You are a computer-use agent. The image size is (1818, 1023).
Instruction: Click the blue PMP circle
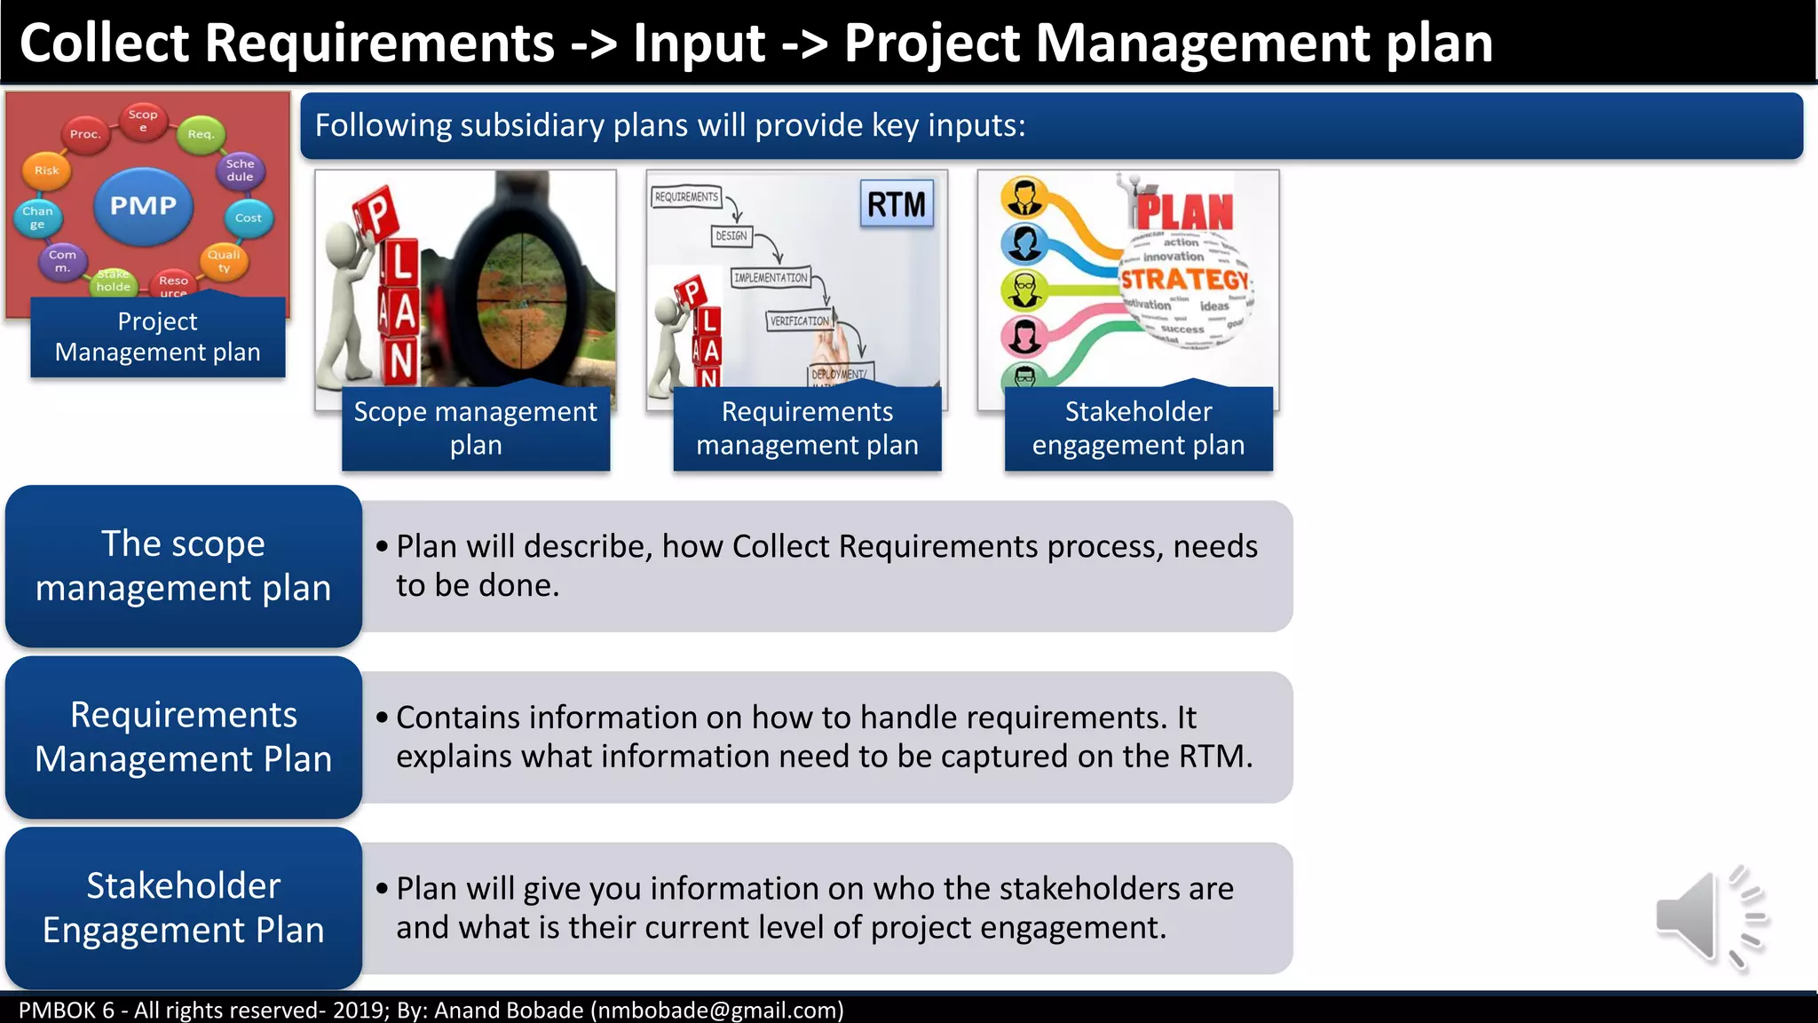click(143, 206)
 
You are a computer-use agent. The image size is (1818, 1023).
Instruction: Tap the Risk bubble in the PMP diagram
click(46, 170)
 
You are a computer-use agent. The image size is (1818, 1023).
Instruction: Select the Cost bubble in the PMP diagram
click(248, 218)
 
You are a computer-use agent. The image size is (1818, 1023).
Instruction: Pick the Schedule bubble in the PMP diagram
click(240, 170)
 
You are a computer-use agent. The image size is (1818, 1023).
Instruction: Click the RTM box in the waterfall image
click(897, 205)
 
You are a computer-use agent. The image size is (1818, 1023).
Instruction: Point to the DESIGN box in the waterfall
click(731, 236)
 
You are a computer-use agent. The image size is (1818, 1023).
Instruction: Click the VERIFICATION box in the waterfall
click(799, 321)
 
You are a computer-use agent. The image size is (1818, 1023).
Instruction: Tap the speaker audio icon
click(1710, 916)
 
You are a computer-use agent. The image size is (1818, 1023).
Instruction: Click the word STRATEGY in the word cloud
click(1184, 280)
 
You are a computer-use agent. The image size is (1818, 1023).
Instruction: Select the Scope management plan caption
click(476, 428)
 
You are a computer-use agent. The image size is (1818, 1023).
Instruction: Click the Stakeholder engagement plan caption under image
click(1138, 428)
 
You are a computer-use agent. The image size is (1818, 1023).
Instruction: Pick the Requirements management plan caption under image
click(807, 428)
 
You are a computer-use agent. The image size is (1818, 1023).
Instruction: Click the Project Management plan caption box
click(158, 337)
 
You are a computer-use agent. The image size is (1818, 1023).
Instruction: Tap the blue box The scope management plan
click(184, 566)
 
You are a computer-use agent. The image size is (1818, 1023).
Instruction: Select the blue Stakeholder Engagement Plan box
click(184, 908)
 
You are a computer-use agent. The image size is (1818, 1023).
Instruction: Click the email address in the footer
click(717, 1011)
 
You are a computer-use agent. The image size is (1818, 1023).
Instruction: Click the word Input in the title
click(700, 44)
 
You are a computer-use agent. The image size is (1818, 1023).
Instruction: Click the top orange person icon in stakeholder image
click(1024, 197)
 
